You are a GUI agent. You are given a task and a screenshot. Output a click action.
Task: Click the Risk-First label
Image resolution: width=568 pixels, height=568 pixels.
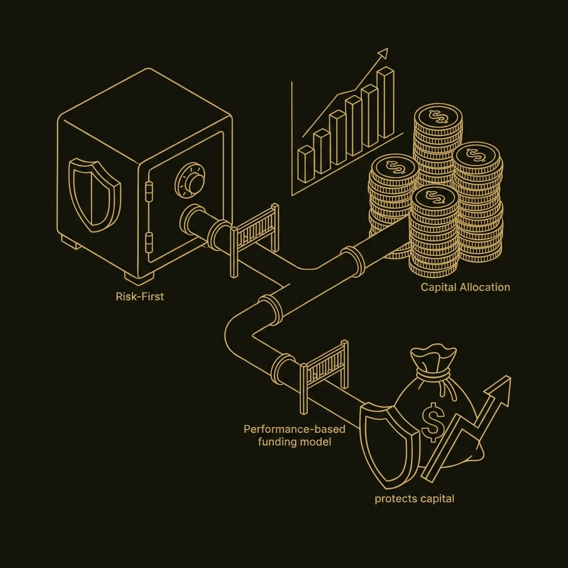(140, 296)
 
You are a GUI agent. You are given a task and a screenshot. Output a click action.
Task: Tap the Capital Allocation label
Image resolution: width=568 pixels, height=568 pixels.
(465, 287)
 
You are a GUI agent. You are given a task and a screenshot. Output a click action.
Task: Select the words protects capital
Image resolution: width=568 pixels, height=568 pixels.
(414, 499)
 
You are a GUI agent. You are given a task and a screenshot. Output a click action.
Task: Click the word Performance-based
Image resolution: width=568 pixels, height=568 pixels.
(294, 429)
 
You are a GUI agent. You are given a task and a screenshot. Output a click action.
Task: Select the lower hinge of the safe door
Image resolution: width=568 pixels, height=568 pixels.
(149, 242)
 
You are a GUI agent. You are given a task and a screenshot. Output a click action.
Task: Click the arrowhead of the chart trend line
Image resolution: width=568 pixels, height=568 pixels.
(383, 53)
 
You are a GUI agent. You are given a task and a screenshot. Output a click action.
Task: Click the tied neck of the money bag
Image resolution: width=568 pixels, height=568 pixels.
(433, 373)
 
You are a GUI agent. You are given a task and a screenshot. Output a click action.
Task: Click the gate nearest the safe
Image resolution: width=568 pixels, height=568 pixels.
(255, 239)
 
